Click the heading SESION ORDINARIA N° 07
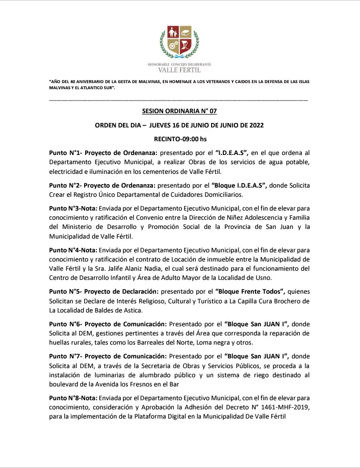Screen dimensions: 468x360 (179, 111)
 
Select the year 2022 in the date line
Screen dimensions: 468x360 (254, 124)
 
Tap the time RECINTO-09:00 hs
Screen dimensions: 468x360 (179, 138)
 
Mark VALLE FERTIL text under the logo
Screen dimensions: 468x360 (179, 70)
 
